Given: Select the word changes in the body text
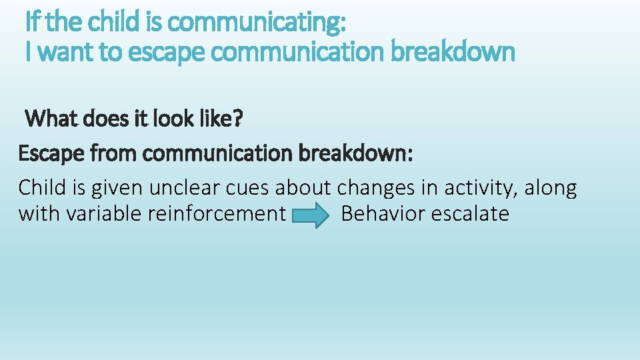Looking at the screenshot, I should tap(376, 187).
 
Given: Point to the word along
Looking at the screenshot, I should tap(551, 188).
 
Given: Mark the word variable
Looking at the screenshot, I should tap(100, 214).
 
